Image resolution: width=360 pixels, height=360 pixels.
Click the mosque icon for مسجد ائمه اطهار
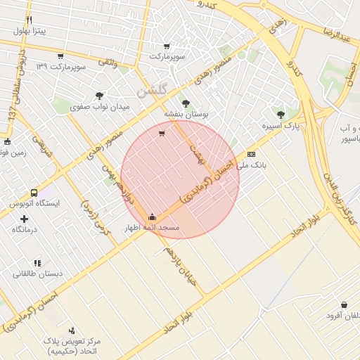click(x=153, y=217)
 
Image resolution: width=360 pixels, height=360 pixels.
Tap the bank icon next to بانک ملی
click(x=251, y=155)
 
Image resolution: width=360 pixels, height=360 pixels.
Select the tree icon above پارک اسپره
click(x=281, y=114)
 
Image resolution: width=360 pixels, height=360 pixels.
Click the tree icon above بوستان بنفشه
click(x=186, y=103)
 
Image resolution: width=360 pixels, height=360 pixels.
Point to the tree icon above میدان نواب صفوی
click(x=99, y=96)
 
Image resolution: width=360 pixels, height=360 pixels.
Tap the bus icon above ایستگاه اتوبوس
click(x=34, y=193)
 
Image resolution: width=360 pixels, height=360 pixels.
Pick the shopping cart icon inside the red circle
click(x=162, y=134)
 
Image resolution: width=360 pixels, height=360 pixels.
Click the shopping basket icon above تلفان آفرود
click(x=344, y=304)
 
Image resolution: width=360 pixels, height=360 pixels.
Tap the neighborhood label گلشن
click(x=152, y=91)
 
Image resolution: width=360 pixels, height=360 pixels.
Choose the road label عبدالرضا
click(x=336, y=34)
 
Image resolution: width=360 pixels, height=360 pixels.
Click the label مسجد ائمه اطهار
click(x=153, y=229)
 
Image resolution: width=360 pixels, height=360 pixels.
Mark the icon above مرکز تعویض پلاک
click(x=72, y=330)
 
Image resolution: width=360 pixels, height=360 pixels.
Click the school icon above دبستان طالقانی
click(x=37, y=262)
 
